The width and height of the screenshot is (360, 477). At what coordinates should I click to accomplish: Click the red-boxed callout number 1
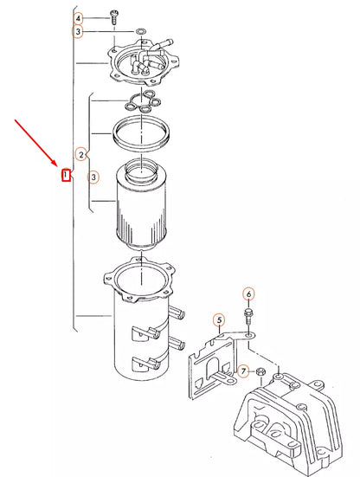[x=65, y=177]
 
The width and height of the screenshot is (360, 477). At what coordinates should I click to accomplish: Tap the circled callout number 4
[x=79, y=17]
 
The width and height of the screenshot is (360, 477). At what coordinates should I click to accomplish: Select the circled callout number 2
[x=81, y=155]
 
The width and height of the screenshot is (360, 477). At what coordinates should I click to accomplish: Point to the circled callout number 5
[x=219, y=320]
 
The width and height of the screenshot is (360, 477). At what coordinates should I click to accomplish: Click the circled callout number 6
[x=248, y=293]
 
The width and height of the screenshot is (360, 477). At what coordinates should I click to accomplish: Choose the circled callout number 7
[x=244, y=371]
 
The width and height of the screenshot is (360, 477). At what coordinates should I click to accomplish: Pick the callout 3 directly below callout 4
[x=79, y=31]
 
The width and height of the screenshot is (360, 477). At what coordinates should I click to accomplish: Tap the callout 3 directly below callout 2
[x=94, y=177]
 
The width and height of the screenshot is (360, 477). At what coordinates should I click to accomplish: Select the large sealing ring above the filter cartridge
[x=138, y=133]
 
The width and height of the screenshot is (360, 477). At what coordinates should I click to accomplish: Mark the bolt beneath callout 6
[x=249, y=313]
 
